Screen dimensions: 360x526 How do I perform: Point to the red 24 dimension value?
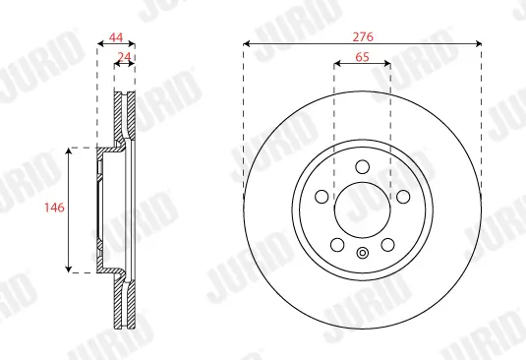[125, 57]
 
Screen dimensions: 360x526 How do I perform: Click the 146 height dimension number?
[55, 209]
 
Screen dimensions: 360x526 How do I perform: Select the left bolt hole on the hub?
[321, 197]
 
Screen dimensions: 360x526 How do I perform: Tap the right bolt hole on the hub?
[403, 197]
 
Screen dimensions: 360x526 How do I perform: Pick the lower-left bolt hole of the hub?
[336, 244]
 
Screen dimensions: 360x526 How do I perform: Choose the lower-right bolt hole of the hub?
[387, 244]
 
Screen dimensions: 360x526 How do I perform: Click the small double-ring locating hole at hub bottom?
[362, 255]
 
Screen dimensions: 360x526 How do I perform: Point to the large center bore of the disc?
[362, 210]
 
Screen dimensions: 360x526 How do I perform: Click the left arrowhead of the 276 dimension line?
[247, 43]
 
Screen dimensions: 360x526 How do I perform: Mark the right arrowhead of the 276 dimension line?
[478, 43]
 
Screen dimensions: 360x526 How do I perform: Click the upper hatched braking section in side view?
[125, 116]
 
